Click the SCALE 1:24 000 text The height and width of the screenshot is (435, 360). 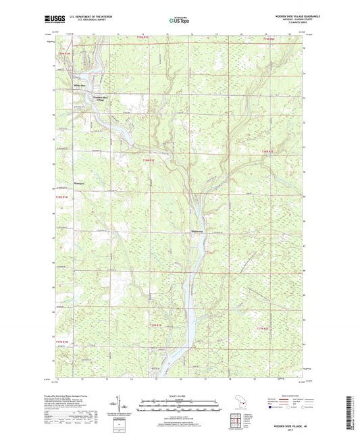[179, 396]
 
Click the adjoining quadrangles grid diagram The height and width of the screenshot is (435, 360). [236, 421]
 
